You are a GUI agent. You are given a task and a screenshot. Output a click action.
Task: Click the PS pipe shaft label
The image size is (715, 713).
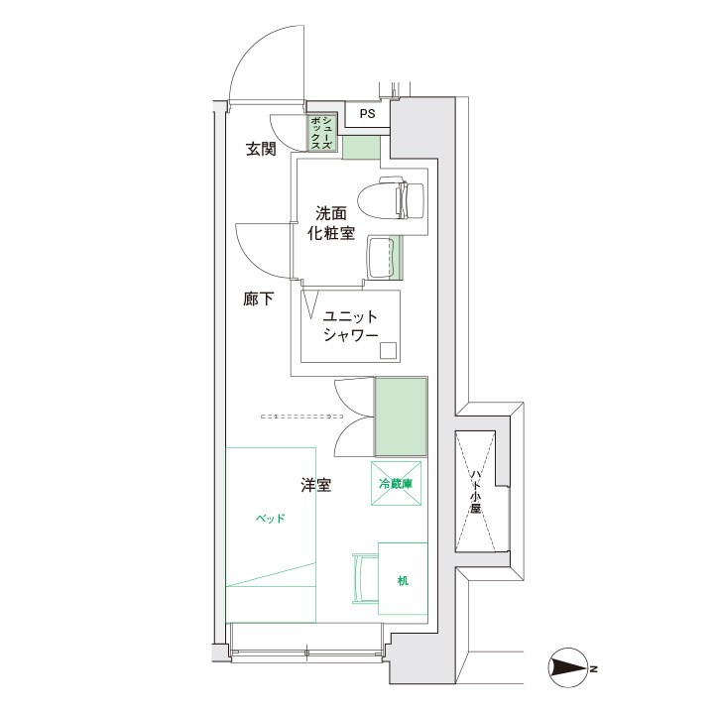click(x=367, y=113)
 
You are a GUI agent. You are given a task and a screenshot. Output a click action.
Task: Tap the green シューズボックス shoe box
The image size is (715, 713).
click(x=322, y=133)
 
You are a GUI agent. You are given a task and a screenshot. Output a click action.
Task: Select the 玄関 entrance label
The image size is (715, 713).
click(x=261, y=149)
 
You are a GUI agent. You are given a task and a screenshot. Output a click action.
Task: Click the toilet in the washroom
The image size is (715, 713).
click(x=392, y=200)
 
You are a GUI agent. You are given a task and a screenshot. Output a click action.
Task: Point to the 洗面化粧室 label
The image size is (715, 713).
click(x=331, y=223)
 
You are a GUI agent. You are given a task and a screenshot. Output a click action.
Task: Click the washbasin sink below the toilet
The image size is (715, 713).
click(x=381, y=258)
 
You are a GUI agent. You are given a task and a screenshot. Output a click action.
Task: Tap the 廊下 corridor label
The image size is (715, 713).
click(x=258, y=299)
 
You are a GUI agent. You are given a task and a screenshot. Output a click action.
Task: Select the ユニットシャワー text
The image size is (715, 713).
click(x=350, y=325)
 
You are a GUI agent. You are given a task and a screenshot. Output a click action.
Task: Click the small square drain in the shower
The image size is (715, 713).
click(x=389, y=351)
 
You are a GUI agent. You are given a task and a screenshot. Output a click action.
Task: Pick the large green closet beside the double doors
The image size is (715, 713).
click(x=401, y=416)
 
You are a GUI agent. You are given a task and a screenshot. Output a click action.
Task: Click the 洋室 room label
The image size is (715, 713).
click(x=315, y=485)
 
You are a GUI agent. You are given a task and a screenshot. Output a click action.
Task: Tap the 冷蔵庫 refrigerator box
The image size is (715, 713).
click(x=396, y=484)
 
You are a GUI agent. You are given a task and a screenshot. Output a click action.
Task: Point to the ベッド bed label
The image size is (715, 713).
click(x=270, y=518)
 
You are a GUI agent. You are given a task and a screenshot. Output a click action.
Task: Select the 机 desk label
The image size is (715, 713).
click(x=403, y=580)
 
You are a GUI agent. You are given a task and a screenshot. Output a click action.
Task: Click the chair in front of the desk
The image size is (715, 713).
click(x=365, y=578)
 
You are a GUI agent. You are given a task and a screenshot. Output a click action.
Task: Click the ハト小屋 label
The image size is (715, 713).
click(x=476, y=492)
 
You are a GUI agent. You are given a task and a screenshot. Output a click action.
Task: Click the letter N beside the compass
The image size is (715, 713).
click(x=594, y=669)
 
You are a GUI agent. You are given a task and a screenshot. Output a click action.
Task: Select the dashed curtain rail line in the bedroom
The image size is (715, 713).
click(x=301, y=416)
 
